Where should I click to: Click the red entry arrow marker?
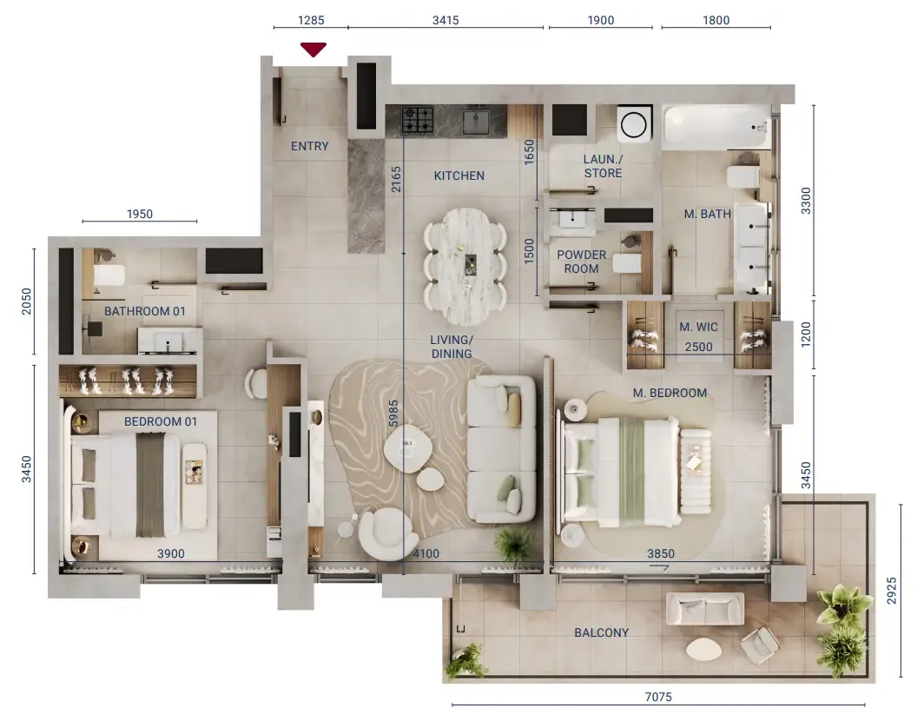[313, 50]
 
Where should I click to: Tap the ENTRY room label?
[309, 146]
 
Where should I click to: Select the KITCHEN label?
[459, 175]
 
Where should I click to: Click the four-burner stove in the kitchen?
[418, 119]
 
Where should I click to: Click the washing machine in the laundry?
[634, 123]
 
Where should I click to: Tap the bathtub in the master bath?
[716, 127]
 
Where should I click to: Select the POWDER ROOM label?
[581, 261]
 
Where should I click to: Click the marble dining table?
[465, 267]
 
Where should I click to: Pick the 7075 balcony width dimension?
[658, 697]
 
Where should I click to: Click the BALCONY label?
[601, 632]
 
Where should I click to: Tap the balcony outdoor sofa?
[706, 609]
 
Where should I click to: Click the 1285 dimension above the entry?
[311, 21]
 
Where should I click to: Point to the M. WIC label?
[698, 328]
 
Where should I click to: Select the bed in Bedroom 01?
[126, 485]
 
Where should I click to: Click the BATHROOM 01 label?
[144, 311]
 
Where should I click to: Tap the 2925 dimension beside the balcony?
[891, 591]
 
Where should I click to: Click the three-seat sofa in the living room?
[502, 449]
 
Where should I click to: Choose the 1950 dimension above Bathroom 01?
[140, 215]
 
